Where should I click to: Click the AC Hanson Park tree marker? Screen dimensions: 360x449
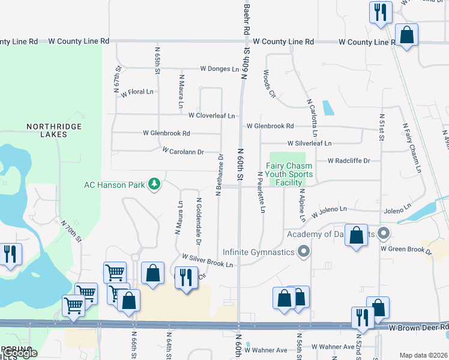pos(155,184)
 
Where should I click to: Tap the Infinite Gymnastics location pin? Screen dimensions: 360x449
pos(304,251)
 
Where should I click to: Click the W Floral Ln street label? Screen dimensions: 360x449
pos(137,93)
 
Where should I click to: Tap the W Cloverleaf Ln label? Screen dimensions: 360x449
pos(211,115)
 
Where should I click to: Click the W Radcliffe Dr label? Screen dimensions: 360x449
pos(349,161)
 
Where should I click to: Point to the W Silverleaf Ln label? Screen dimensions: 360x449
pos(309,143)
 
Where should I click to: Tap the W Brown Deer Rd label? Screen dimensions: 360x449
pos(418,328)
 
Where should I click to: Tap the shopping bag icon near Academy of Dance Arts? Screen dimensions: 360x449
pos(357,236)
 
